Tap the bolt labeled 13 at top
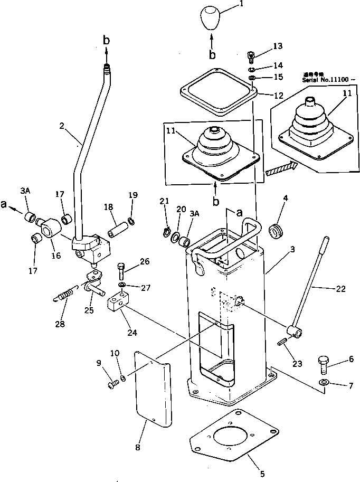tap(252, 55)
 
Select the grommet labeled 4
tap(276, 230)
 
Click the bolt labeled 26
tap(121, 271)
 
